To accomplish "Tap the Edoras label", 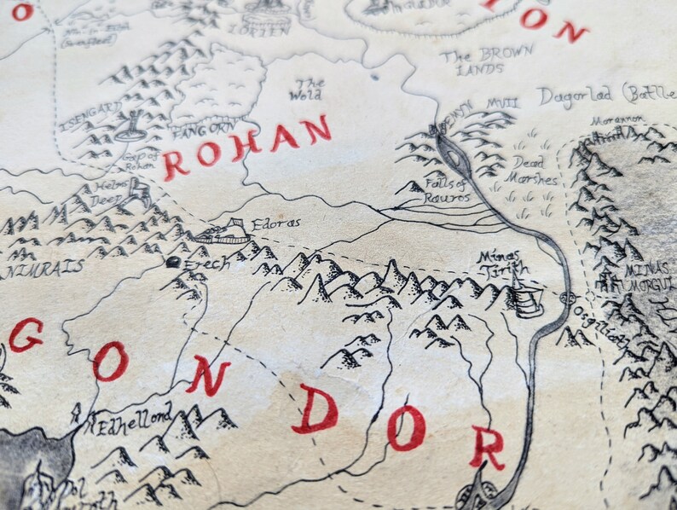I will click(x=275, y=223).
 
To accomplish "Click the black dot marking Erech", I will click(x=174, y=262).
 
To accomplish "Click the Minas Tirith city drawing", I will click(x=526, y=298).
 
